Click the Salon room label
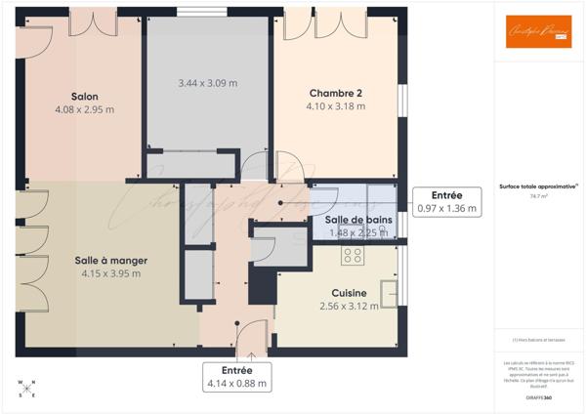coord(85,96)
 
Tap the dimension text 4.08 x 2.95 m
coord(85,109)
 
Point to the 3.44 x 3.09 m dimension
coord(208,84)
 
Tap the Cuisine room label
coord(349,292)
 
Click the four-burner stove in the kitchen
coord(353,256)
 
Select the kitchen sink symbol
coord(389,293)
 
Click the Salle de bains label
coord(358,220)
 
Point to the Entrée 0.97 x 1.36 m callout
coord(446,201)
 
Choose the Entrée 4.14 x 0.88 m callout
coord(236,377)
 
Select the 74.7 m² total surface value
coord(538,196)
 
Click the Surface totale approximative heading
coord(538,186)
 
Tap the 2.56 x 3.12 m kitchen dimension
coord(349,306)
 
